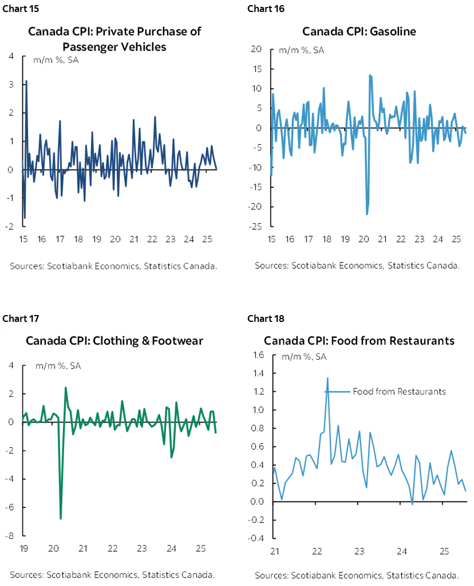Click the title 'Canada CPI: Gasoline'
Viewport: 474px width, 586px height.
point(359,31)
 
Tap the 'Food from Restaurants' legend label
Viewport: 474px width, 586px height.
point(398,392)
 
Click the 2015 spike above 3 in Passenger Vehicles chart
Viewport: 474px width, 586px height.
point(26,81)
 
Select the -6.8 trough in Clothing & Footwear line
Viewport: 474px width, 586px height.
point(61,518)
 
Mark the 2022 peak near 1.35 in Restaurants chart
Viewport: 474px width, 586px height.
point(328,378)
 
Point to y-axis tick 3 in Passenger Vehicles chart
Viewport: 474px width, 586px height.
point(12,84)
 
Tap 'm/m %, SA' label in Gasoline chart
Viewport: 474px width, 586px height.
point(302,50)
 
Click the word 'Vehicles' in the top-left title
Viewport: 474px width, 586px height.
point(142,46)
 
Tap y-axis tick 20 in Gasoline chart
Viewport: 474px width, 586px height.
point(256,49)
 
